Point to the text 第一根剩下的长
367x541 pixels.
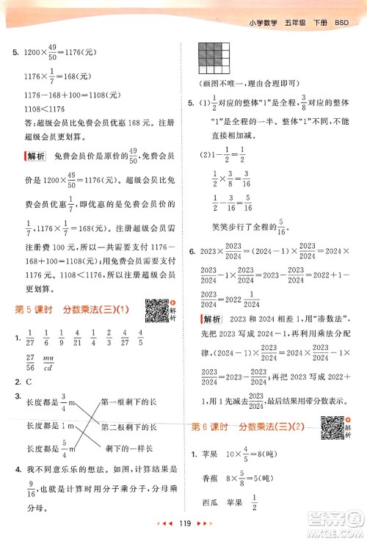pyautogui.click(x=128, y=402)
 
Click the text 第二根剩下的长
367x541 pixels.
pyautogui.click(x=128, y=426)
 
